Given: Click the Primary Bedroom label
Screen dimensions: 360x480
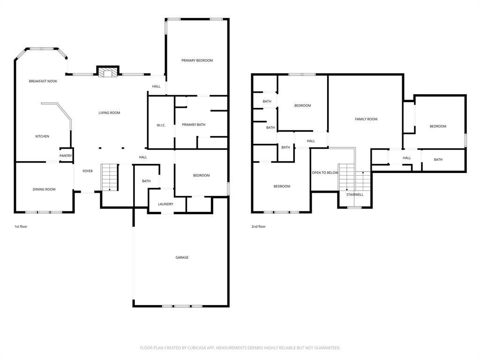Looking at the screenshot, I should [x=197, y=60].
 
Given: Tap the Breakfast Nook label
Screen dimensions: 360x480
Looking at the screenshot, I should [x=43, y=81].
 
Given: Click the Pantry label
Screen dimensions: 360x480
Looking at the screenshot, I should [x=66, y=156].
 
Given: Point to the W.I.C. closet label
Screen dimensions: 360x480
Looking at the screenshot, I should [x=161, y=125].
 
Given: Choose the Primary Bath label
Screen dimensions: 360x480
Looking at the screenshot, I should [x=194, y=125].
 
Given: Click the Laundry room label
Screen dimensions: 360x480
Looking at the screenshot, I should [x=165, y=204].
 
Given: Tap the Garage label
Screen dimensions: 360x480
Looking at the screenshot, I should [x=182, y=257].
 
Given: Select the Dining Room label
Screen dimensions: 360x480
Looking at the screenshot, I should [x=44, y=189].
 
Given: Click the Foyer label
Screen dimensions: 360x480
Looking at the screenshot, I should [x=88, y=171].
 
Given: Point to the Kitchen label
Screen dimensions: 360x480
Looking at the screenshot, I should [x=42, y=136].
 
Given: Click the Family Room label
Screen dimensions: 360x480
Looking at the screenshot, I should [x=366, y=119].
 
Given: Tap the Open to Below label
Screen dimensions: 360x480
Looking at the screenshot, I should [x=325, y=172].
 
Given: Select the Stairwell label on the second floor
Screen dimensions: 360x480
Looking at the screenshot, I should [x=355, y=195].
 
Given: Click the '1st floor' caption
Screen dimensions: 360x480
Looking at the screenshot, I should [x=21, y=226].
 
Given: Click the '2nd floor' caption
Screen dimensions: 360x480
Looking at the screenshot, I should [x=258, y=226].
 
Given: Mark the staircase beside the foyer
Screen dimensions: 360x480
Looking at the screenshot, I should [x=109, y=177].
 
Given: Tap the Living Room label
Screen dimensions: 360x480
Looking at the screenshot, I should [x=109, y=112].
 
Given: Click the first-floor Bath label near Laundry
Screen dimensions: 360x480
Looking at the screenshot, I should [x=146, y=181].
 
